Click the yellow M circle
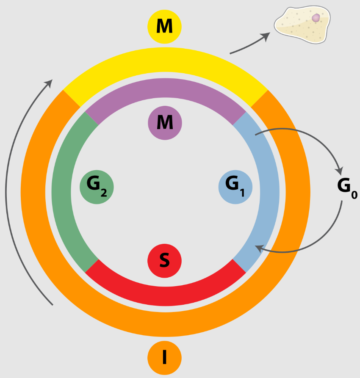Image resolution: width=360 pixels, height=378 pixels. [164, 26]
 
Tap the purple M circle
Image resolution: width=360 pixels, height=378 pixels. [165, 123]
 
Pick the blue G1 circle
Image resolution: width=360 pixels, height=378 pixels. [235, 186]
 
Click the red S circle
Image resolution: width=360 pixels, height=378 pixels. [165, 260]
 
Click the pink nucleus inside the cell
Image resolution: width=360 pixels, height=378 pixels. [316, 18]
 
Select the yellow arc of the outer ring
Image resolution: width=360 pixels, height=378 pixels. [165, 63]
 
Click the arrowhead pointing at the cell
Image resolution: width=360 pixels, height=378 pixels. [266, 36]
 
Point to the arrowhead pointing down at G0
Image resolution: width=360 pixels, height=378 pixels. [339, 171]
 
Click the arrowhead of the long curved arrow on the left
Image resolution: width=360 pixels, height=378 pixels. [50, 83]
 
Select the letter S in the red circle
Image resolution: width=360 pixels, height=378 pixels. [164, 260]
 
